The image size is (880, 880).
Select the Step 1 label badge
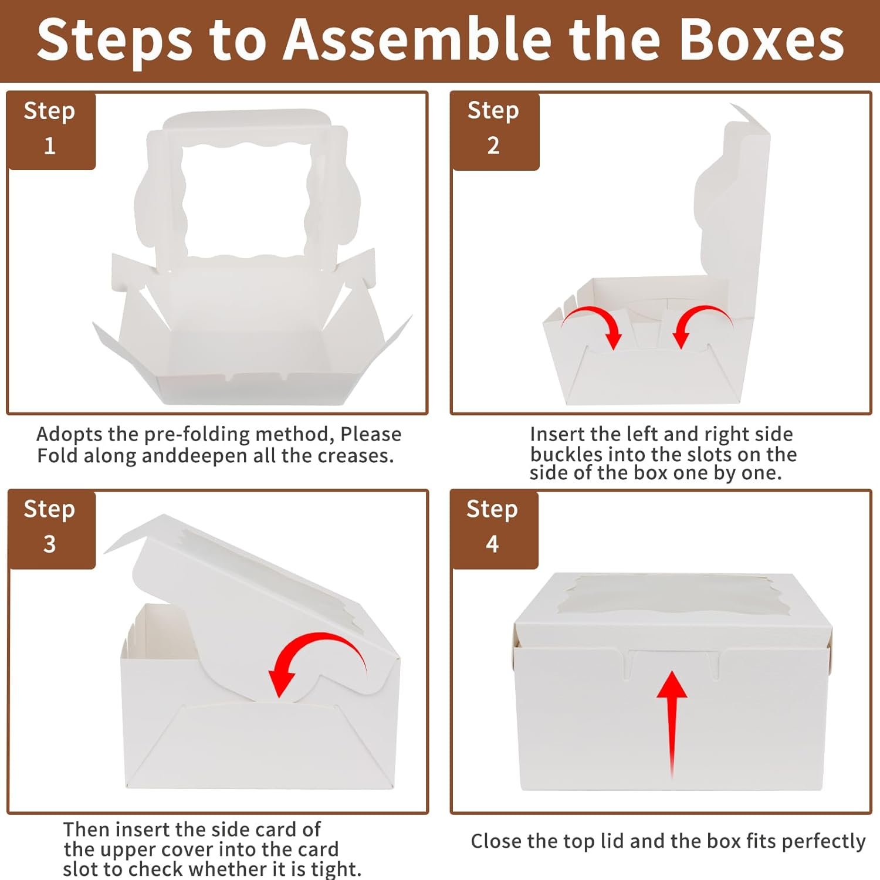(x=50, y=130)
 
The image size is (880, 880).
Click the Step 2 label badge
(x=495, y=130)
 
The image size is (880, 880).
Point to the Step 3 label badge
(x=51, y=529)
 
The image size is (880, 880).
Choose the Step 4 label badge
(x=494, y=529)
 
